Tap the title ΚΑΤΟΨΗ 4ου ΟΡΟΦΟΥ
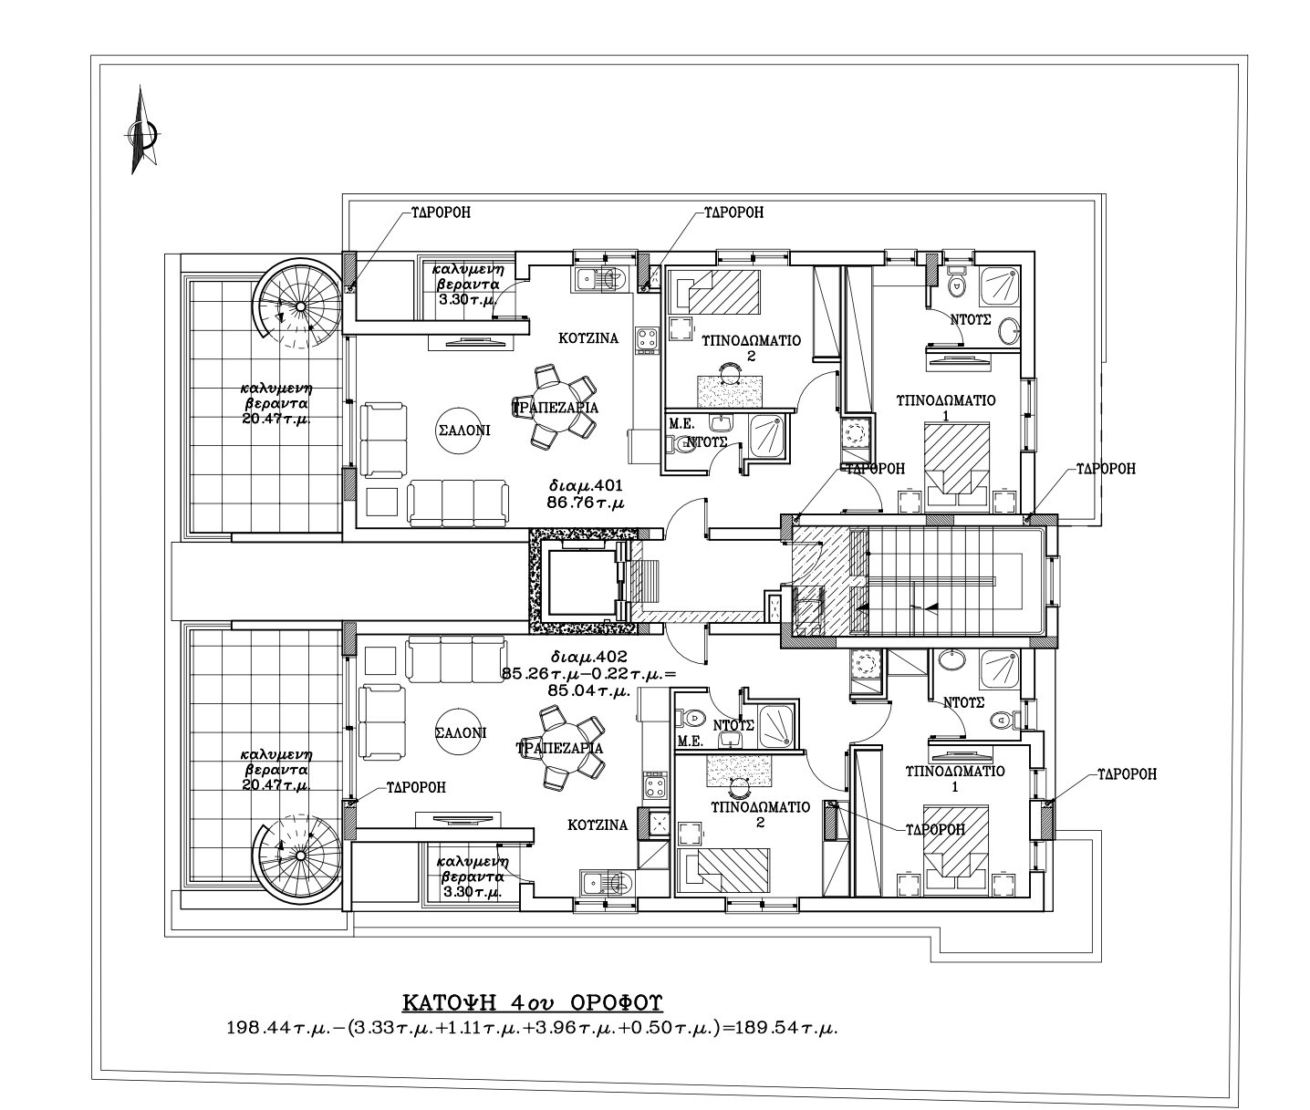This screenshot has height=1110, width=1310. pos(533,1003)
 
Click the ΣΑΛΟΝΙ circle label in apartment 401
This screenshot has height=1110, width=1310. pos(462,431)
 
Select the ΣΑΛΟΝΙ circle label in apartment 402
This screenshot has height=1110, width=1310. pos(461,732)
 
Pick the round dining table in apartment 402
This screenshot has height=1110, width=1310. pos(559,748)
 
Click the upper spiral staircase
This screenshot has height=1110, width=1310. pos(299,305)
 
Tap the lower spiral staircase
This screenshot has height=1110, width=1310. pos(299,856)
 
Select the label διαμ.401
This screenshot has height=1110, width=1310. pos(587,486)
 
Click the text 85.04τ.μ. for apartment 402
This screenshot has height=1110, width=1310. pos(588,690)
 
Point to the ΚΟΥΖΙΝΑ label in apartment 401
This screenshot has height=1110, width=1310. pos(588,338)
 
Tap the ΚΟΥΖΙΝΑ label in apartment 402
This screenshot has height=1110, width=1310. pos(598,825)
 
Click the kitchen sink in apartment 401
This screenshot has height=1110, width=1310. pos(600,279)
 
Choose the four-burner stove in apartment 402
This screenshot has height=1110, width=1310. pos(655,785)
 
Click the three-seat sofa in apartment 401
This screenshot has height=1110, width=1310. pos(458,503)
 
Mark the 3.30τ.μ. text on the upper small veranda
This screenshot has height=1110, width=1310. pos(467,300)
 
